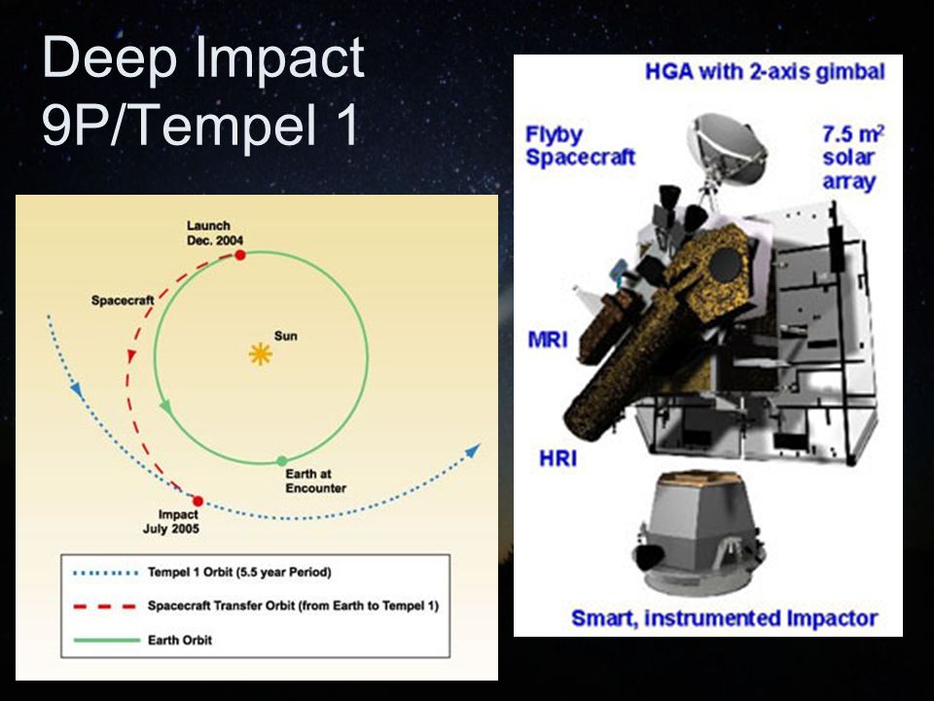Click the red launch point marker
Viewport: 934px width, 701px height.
tap(240, 255)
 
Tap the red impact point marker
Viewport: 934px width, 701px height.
tap(198, 501)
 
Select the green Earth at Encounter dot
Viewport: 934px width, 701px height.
tap(282, 461)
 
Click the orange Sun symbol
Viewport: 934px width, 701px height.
tap(261, 354)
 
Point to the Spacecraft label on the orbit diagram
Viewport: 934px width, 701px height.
tap(123, 301)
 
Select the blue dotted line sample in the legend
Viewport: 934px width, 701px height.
tap(105, 573)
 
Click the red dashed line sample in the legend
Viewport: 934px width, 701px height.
tap(105, 607)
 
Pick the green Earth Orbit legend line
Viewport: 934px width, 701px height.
tap(106, 641)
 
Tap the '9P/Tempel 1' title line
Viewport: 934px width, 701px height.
tap(200, 124)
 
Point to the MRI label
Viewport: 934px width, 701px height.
tap(548, 340)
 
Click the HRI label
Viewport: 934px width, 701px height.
tap(558, 459)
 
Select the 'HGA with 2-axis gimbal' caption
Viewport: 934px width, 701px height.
tap(765, 71)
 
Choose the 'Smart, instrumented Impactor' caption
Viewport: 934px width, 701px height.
tap(724, 618)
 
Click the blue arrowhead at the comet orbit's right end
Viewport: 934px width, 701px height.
tap(473, 450)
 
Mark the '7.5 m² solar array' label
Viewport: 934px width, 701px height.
tap(852, 158)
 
